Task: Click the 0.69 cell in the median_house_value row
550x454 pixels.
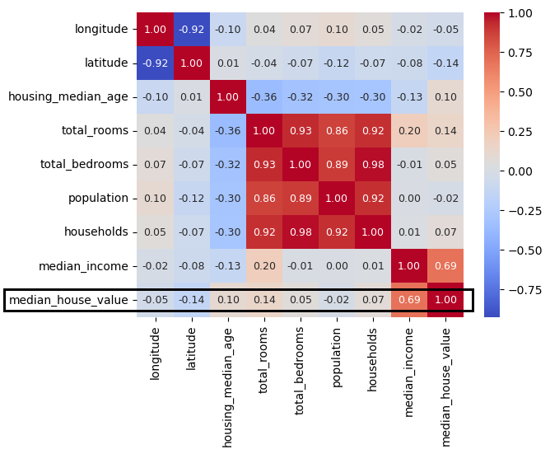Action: pyautogui.click(x=409, y=300)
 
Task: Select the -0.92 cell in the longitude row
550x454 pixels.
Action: pyautogui.click(x=192, y=30)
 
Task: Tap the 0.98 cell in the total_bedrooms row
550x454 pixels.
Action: pyautogui.click(x=373, y=165)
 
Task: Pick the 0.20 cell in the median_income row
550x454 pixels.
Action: pyautogui.click(x=264, y=266)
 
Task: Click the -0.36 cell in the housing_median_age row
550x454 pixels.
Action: pyautogui.click(x=264, y=97)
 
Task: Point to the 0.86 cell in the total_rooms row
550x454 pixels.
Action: pyautogui.click(x=337, y=131)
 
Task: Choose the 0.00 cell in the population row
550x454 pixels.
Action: pyautogui.click(x=409, y=199)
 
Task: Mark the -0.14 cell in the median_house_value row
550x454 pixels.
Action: pyautogui.click(x=192, y=300)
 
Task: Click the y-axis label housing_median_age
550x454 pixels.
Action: pyautogui.click(x=68, y=97)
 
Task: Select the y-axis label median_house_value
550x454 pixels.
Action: pyautogui.click(x=68, y=300)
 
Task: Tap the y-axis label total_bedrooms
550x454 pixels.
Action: pyautogui.click(x=85, y=165)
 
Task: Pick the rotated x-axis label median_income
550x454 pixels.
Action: pyautogui.click(x=409, y=370)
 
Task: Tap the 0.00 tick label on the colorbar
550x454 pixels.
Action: pyautogui.click(x=521, y=171)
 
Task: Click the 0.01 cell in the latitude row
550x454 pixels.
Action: pyautogui.click(x=228, y=63)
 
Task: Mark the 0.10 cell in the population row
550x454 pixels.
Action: pyautogui.click(x=156, y=199)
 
